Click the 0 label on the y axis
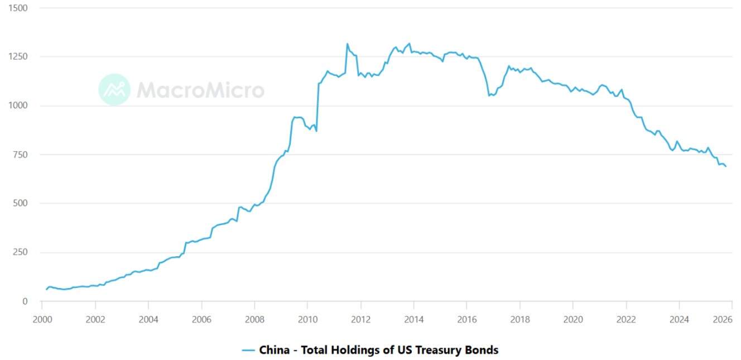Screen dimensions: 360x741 (24, 302)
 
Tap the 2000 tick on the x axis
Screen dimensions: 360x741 (42, 320)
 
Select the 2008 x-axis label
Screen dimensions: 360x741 (254, 320)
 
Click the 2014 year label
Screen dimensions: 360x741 (414, 320)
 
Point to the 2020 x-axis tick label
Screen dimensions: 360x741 (573, 320)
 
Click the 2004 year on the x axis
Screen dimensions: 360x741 (148, 320)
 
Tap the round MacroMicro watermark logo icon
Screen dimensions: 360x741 (114, 89)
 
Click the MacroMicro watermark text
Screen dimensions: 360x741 (200, 90)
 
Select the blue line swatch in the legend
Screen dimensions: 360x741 (248, 351)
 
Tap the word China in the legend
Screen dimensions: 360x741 (275, 351)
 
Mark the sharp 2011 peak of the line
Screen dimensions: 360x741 (347, 44)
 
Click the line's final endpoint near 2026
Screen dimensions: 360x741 (725, 166)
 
